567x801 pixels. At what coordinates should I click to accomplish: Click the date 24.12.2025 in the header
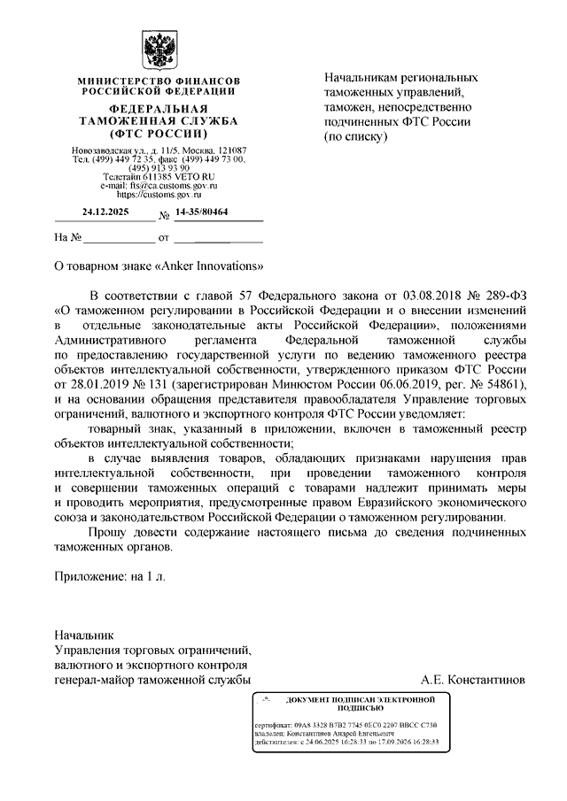pos(105,212)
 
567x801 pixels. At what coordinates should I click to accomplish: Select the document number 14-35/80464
pos(201,212)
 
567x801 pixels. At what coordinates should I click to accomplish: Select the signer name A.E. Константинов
pos(474,680)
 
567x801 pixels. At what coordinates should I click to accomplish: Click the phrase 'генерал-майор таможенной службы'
pos(151,680)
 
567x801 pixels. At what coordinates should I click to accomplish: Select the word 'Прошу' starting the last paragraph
pos(109,532)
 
